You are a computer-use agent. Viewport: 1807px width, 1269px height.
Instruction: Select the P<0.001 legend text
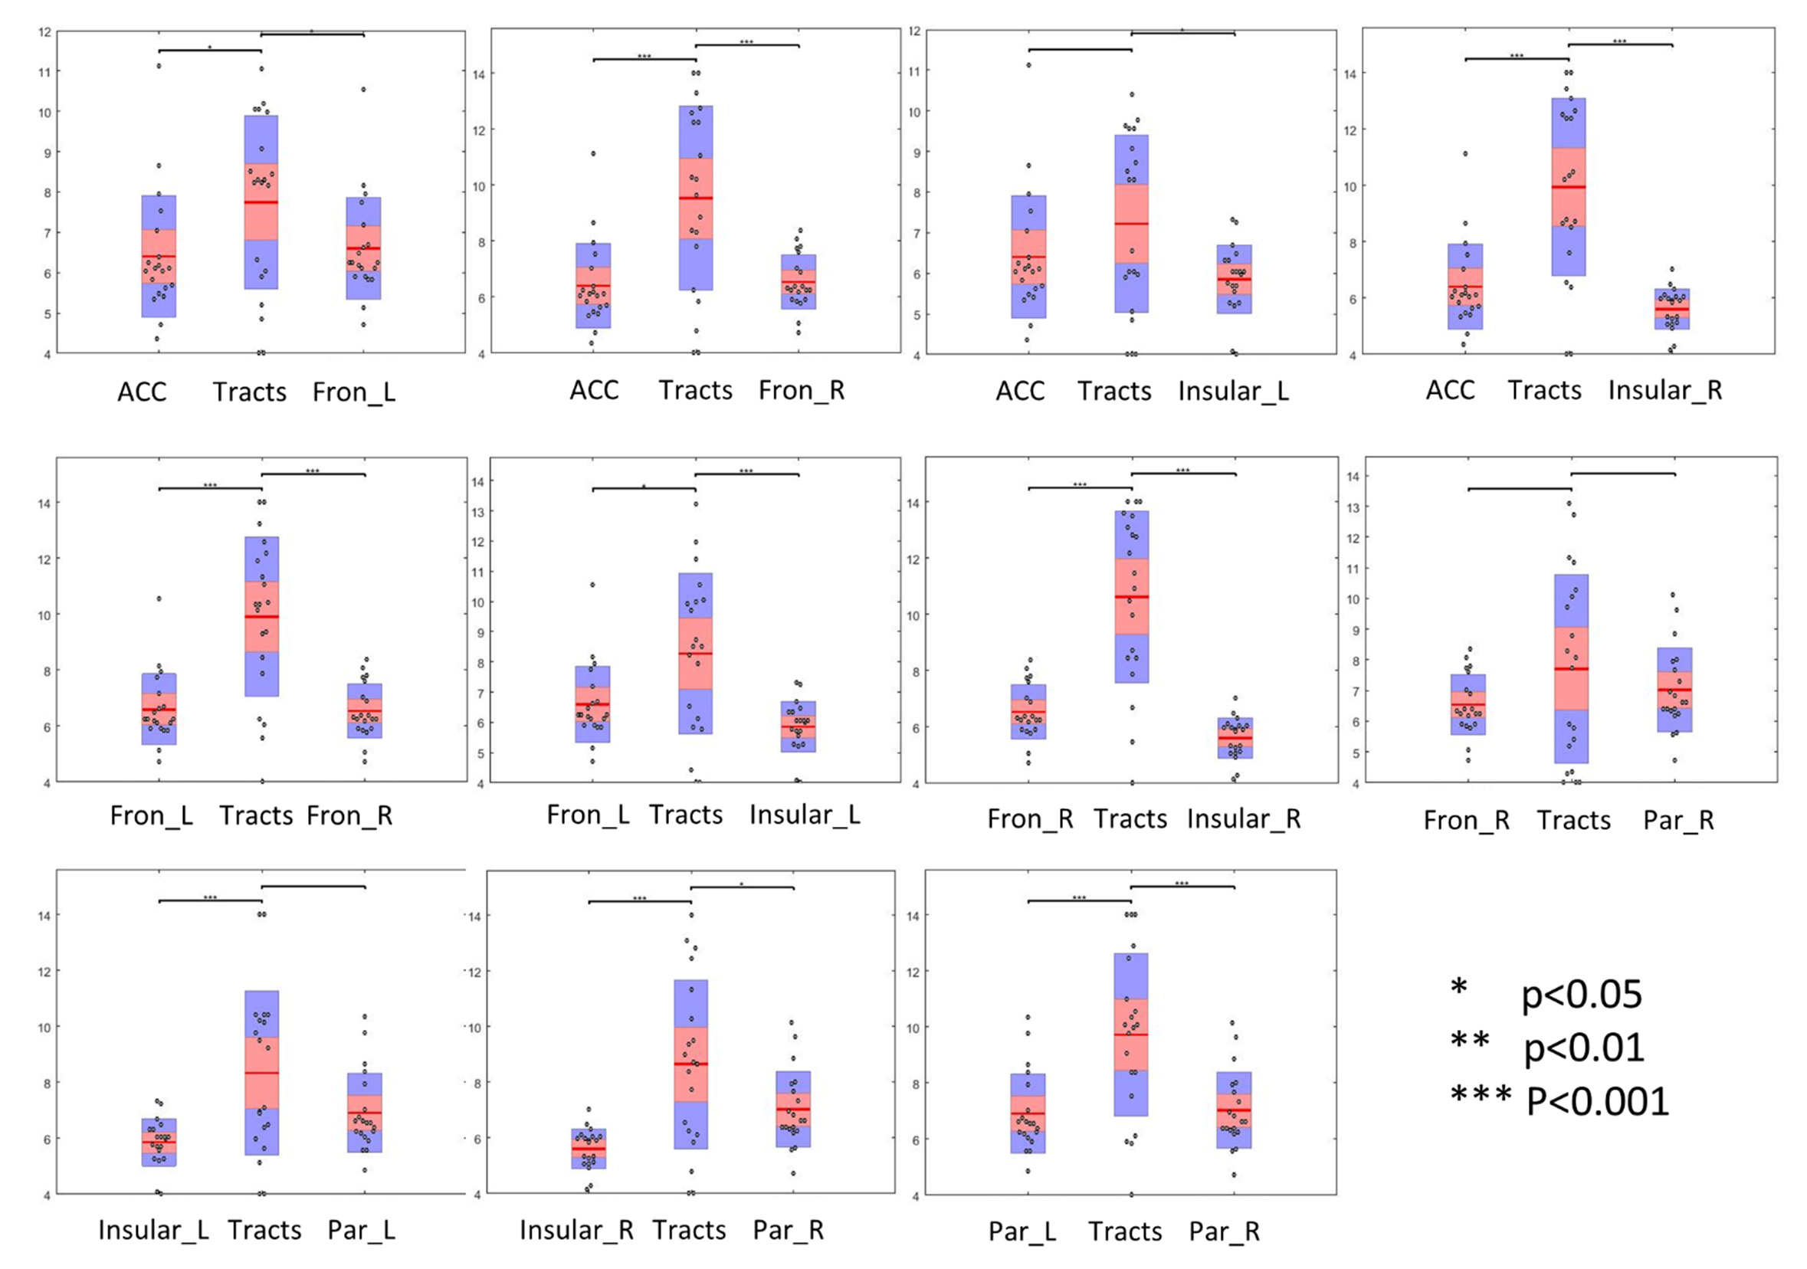click(x=1598, y=1101)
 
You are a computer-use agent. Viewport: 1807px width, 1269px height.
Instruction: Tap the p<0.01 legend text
click(x=1583, y=1048)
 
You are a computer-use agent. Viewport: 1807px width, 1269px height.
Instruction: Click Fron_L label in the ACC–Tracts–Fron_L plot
click(x=353, y=392)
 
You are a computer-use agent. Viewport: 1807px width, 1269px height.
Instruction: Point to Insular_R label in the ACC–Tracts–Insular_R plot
click(x=1664, y=391)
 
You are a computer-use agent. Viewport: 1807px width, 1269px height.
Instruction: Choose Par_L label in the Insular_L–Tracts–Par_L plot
click(x=361, y=1230)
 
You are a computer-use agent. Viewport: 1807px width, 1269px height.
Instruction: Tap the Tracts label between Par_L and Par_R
click(x=1125, y=1231)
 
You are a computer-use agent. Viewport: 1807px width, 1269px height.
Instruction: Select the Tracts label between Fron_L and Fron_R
click(x=256, y=815)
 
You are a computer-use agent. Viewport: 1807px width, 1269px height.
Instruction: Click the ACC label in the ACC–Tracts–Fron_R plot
click(x=594, y=391)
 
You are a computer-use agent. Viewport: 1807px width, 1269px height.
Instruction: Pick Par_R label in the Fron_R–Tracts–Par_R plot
click(x=1678, y=820)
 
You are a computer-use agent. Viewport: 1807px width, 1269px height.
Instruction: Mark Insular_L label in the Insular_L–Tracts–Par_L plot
click(x=153, y=1230)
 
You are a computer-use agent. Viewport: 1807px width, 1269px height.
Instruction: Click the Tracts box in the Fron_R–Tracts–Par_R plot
click(x=1571, y=668)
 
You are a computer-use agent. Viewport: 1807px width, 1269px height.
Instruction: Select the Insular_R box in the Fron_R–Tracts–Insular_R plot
click(x=1235, y=738)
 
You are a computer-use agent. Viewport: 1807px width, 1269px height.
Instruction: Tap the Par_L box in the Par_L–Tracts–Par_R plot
click(x=1028, y=1113)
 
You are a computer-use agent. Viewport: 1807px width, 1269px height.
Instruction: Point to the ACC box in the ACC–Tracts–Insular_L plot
click(x=1028, y=257)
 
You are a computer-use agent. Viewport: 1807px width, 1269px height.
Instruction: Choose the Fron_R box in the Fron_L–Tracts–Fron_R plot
click(x=365, y=710)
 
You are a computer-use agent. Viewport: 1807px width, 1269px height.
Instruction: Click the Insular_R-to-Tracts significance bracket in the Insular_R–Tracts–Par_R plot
click(x=639, y=901)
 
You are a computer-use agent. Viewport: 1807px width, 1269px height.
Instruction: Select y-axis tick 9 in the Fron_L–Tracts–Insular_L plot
click(x=477, y=632)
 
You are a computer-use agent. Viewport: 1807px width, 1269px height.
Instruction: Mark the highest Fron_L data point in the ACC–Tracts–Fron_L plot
click(x=363, y=90)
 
